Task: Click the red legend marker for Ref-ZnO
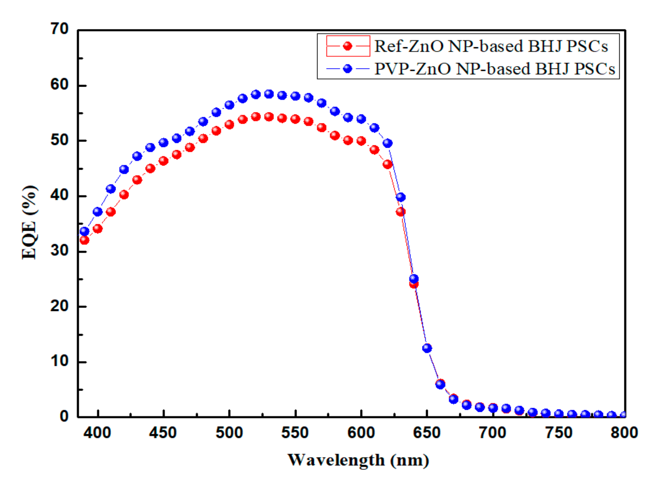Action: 348,46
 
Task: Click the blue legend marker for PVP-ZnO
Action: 348,69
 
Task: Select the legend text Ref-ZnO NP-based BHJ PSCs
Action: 491,46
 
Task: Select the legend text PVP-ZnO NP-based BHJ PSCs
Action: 495,69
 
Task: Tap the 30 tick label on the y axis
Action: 59,251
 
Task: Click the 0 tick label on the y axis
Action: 64,417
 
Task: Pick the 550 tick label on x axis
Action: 295,433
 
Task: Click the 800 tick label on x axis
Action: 624,433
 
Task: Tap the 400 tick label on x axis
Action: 97,433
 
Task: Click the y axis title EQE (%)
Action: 30,223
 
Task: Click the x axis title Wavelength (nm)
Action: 358,460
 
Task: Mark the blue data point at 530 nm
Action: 269,94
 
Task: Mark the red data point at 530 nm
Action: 269,117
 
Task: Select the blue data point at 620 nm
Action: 388,143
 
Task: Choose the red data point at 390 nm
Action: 84,240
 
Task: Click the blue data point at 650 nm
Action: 427,348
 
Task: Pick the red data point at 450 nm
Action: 163,161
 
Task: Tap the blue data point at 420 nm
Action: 124,169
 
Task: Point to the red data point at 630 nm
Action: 400,212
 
